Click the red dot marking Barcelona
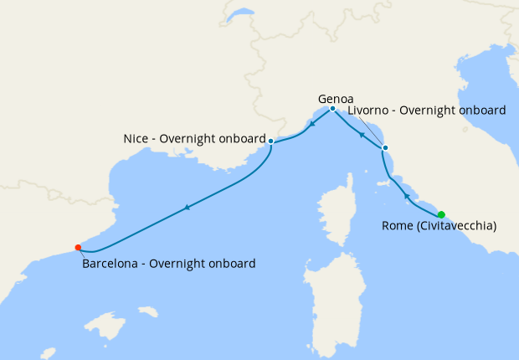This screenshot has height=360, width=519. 78,247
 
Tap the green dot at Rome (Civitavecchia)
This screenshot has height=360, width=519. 441,214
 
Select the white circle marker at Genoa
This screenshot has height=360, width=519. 332,109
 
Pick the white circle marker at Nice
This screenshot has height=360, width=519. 271,141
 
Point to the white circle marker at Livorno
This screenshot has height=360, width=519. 385,148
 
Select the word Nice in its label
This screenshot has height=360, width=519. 136,139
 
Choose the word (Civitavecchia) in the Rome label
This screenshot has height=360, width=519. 457,226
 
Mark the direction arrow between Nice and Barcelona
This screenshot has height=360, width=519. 187,207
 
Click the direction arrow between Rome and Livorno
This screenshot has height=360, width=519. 406,195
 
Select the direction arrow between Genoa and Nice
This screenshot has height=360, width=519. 311,124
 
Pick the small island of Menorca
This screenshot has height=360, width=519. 148,311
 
